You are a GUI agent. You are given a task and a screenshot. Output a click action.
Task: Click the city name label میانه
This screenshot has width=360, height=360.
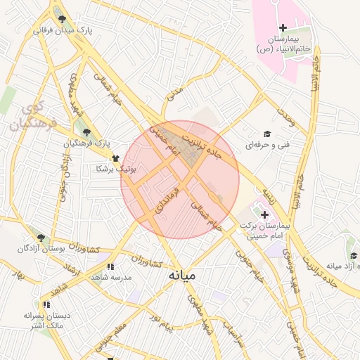pos(183,276)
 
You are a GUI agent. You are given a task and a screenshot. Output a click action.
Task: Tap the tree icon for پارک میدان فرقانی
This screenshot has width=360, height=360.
pos(63,19)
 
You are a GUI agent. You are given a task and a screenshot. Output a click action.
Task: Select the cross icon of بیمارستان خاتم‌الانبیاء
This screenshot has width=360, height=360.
pos(283,28)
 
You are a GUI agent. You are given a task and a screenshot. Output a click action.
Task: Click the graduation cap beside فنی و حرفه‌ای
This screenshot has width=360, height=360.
pos(266,134)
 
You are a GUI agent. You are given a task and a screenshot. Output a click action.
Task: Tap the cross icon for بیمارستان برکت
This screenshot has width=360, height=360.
pos(264,215)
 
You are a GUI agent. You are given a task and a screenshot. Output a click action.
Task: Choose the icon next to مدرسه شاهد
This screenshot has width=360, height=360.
pos(110,266)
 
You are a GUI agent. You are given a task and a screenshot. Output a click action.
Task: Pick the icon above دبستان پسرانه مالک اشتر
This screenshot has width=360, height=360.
pos(46,304)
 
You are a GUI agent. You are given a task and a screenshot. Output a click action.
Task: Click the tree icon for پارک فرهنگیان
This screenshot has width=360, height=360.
pos(86,132)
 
